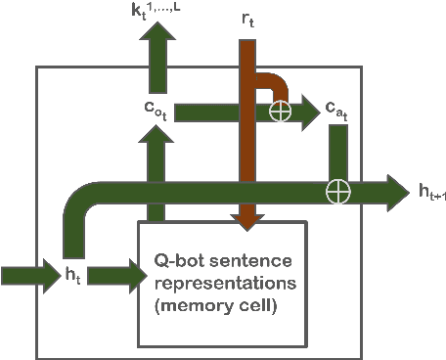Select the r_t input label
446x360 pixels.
coord(250,19)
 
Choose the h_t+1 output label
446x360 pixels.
coord(426,192)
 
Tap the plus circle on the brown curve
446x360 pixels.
coord(281,111)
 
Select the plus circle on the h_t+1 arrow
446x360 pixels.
coord(338,190)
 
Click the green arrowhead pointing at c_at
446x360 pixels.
coord(311,112)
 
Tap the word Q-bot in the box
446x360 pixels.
coord(175,261)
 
